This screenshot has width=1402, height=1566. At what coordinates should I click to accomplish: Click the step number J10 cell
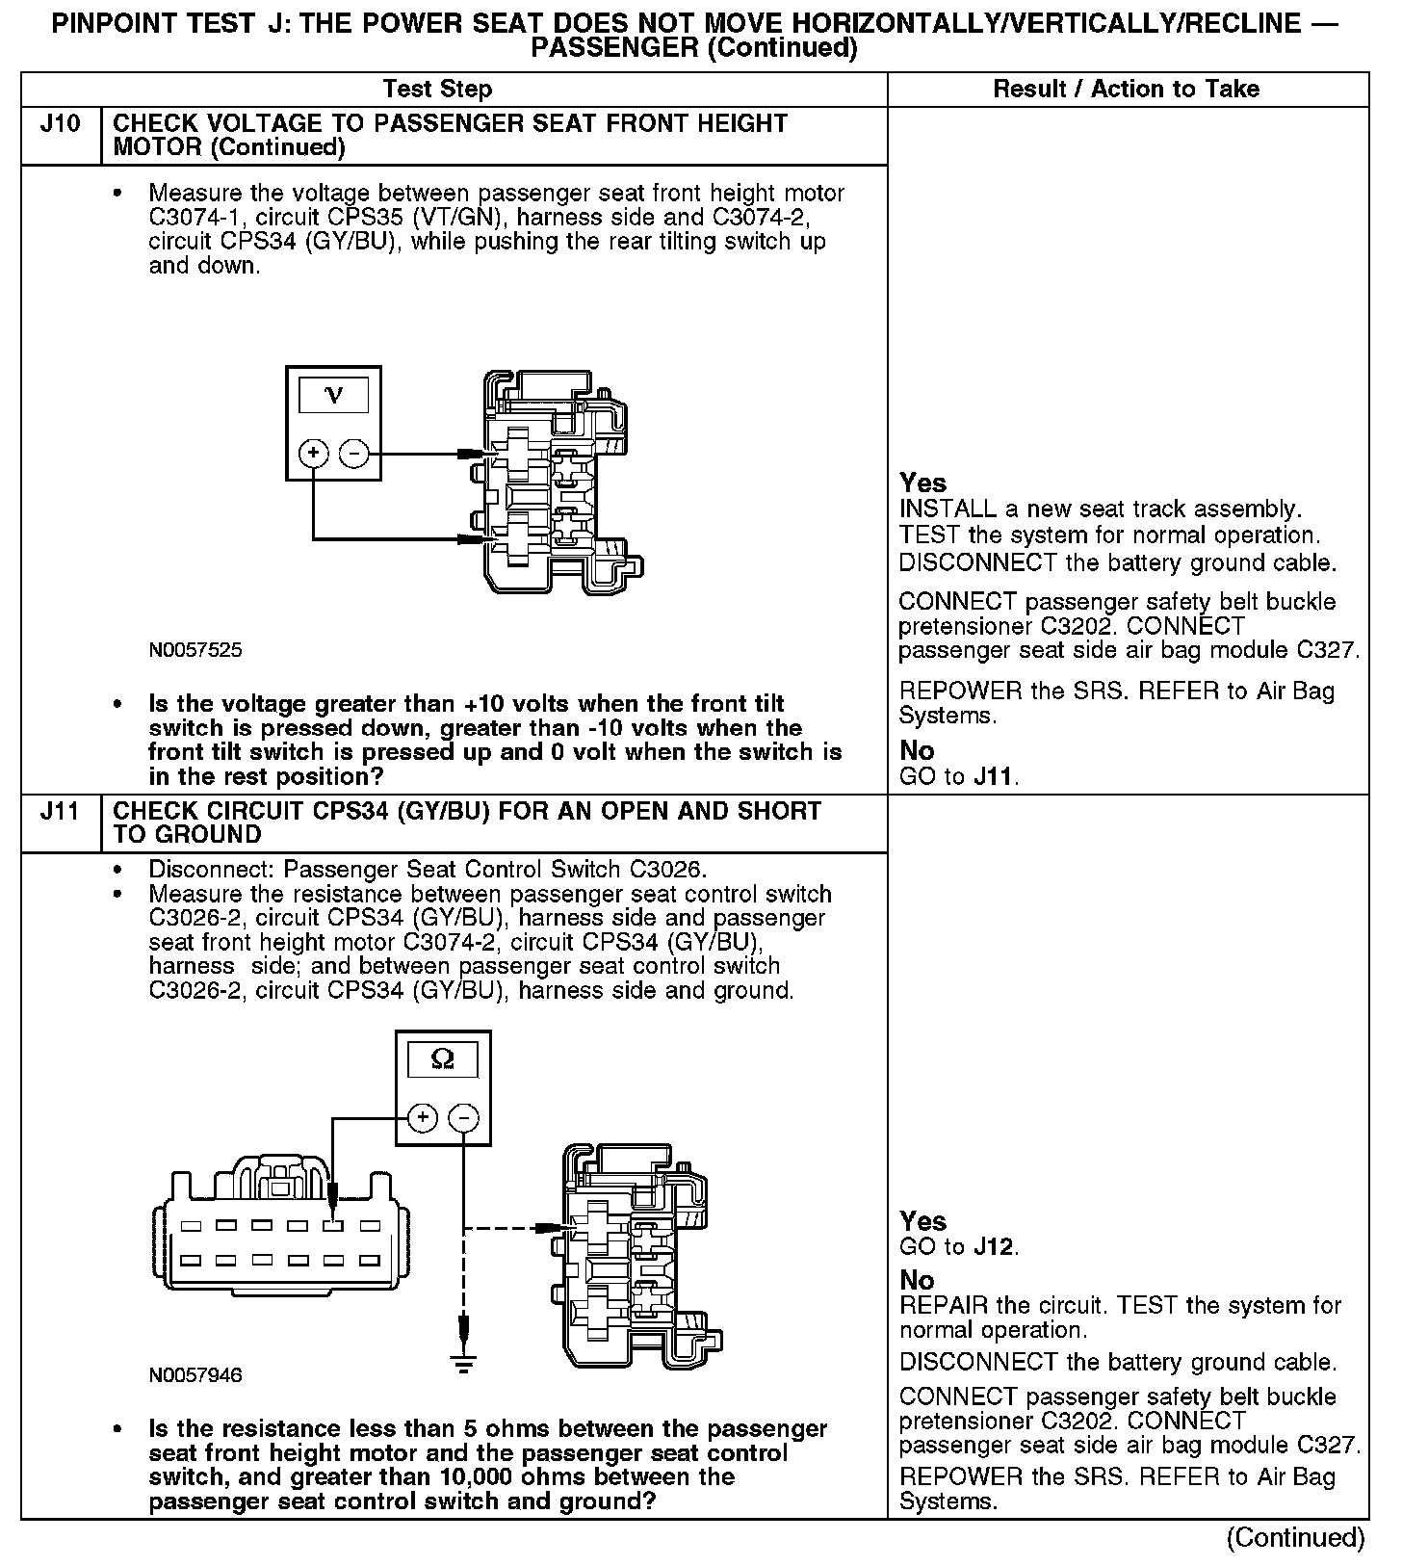tap(60, 124)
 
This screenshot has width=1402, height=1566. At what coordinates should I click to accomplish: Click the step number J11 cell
tap(60, 812)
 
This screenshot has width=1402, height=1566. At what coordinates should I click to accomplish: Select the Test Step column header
tap(437, 90)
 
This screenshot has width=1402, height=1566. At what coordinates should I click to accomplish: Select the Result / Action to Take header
tap(1126, 90)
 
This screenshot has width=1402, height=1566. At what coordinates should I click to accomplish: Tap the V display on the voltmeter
tap(333, 395)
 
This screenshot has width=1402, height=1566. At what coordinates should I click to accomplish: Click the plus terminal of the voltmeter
tap(314, 453)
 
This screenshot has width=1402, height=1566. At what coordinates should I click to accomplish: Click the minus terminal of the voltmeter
tap(354, 453)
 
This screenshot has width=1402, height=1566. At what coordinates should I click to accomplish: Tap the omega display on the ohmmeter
tap(443, 1060)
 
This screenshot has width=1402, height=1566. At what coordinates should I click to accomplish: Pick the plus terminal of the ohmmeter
tap(423, 1118)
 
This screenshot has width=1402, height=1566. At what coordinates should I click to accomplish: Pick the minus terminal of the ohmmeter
tap(464, 1118)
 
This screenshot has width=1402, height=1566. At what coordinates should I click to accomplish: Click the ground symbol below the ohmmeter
tap(464, 1361)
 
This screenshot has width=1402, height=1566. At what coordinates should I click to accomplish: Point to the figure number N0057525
tap(195, 650)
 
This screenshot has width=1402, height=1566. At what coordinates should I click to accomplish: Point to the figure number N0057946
tap(195, 1375)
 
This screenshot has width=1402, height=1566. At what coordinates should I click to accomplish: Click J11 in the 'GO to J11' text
tap(993, 776)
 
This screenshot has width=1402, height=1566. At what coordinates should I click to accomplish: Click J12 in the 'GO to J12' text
tap(993, 1247)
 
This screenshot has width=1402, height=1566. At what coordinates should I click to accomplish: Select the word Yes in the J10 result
tap(922, 483)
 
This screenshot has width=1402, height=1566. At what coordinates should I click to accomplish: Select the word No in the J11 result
tap(917, 1280)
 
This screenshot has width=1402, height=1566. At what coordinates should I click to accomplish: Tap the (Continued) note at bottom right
tap(1295, 1538)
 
